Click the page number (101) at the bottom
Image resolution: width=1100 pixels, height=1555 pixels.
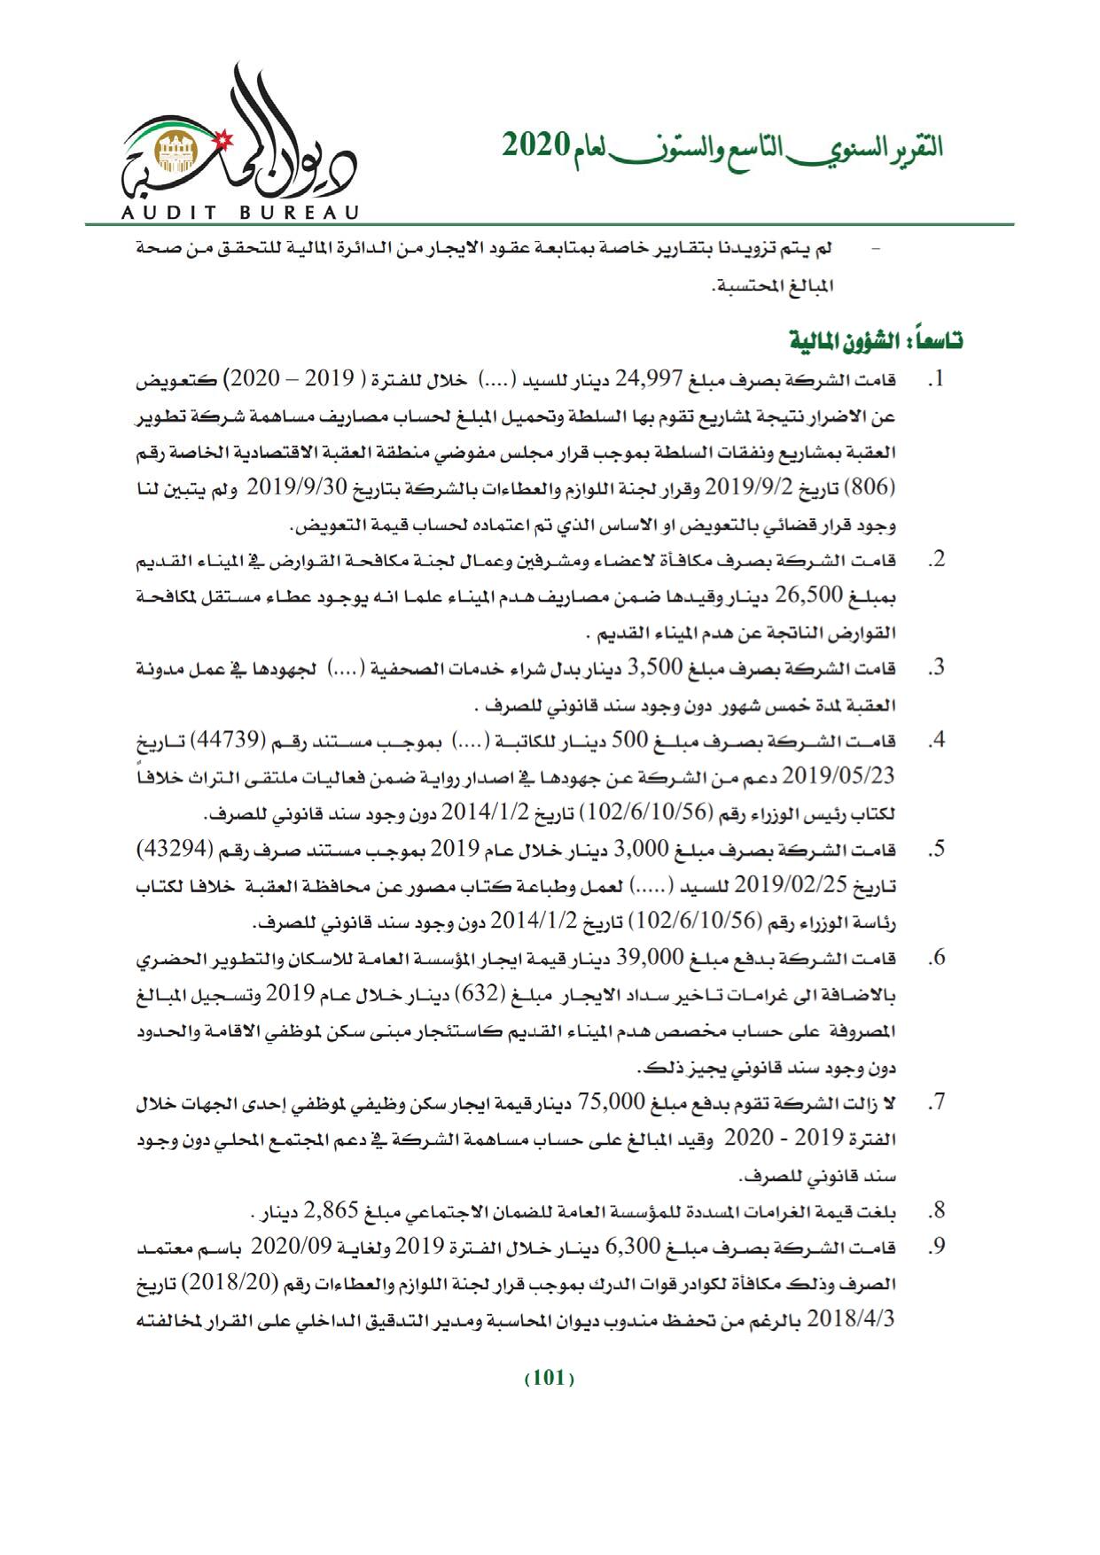click(550, 1378)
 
